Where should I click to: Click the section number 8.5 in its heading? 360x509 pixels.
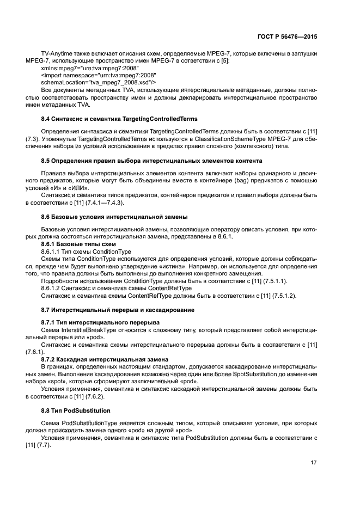tap(46, 161)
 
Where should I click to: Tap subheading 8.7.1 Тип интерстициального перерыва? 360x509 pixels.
tap(89, 322)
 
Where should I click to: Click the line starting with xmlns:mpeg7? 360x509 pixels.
tap(90, 68)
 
